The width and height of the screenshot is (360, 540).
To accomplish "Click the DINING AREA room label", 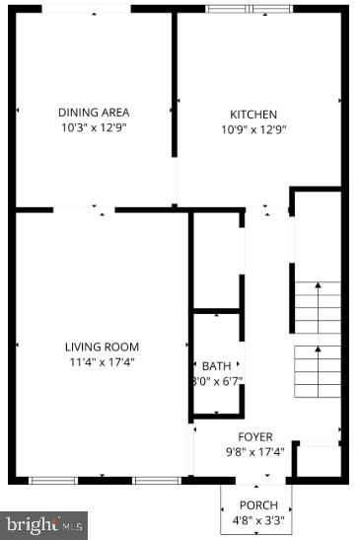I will click(94, 113).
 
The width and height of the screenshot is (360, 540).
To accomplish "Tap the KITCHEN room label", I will click(253, 115).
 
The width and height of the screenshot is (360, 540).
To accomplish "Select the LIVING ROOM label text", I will click(102, 347).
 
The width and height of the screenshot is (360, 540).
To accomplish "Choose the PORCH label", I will click(258, 505).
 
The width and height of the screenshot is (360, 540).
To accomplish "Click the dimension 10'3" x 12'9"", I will click(94, 127).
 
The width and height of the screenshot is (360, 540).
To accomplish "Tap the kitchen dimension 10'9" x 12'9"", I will click(253, 128).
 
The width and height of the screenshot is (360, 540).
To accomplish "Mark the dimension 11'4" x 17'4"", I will click(102, 361).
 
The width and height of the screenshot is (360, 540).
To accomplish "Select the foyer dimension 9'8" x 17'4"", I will click(255, 452).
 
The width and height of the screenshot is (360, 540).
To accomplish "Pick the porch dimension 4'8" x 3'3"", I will click(258, 520).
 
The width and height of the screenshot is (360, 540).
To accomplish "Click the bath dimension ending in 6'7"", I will click(221, 381).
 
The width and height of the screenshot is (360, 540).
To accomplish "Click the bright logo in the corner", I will click(44, 524).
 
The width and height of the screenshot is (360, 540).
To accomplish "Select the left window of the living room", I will click(53, 480).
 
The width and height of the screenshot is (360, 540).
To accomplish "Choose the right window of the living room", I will click(157, 480).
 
